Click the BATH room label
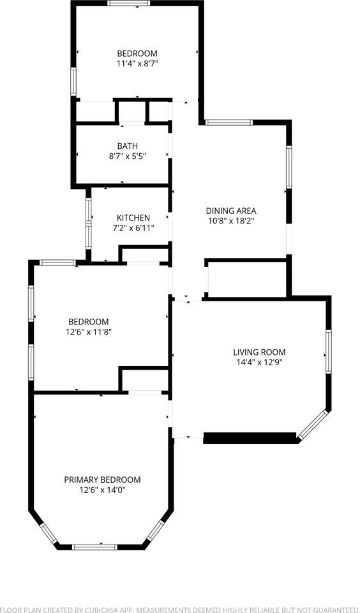(127, 146)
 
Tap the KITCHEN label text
(133, 218)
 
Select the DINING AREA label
(231, 211)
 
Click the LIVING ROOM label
(259, 352)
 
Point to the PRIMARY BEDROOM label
(102, 480)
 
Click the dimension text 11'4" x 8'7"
(137, 64)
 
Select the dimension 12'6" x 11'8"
(89, 332)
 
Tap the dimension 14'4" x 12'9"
(259, 362)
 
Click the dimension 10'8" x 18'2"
(231, 221)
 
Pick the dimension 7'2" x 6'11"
(133, 228)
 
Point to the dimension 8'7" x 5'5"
(127, 156)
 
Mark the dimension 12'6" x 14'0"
(102, 490)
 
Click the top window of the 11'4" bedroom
(129, 3)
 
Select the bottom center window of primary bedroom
(94, 547)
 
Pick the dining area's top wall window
(229, 122)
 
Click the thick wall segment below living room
(251, 437)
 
